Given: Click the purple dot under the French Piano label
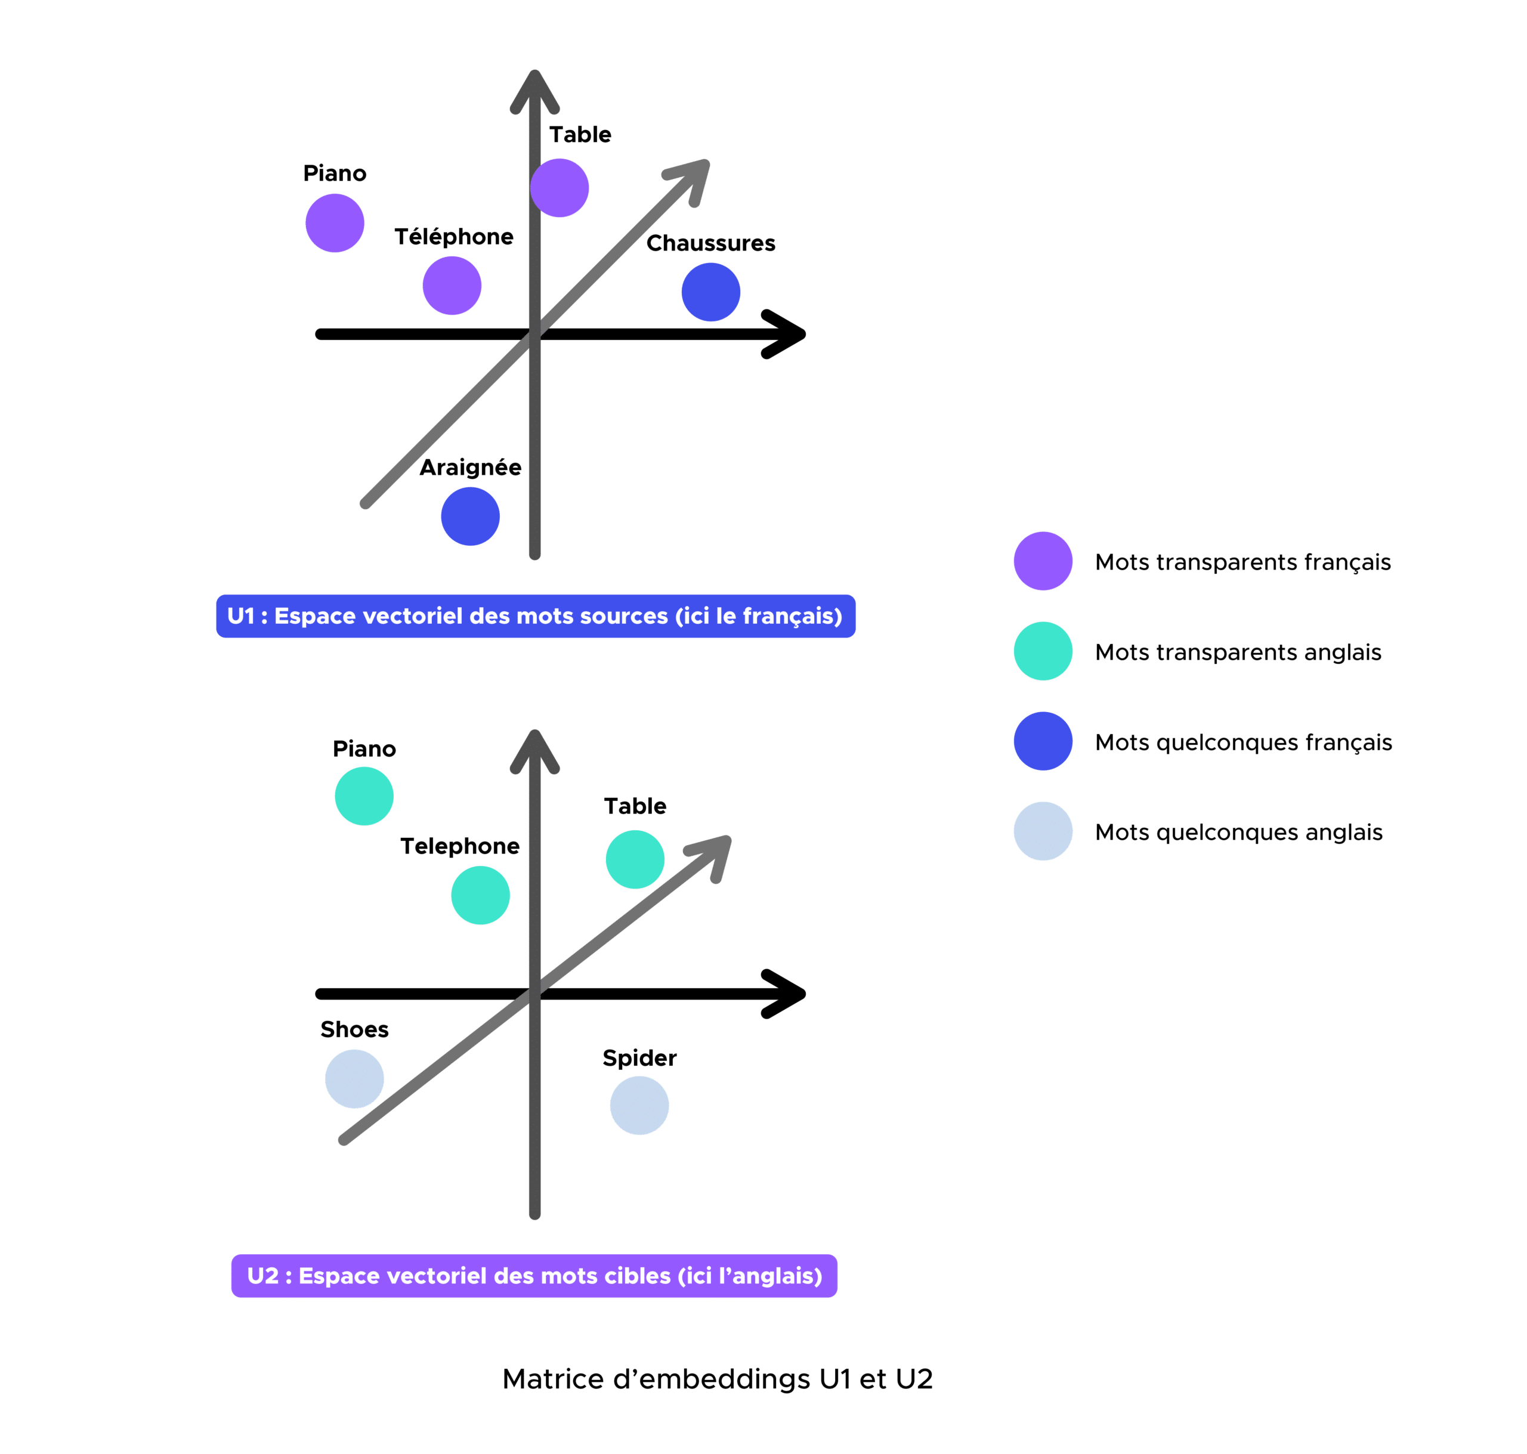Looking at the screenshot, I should tap(335, 223).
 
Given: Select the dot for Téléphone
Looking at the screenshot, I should tap(452, 285).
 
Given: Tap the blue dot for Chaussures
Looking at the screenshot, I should tap(711, 292).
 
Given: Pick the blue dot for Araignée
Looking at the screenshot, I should tap(471, 516).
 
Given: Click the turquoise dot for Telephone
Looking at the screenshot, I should tap(481, 895).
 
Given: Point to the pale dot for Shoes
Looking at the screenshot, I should tap(354, 1079).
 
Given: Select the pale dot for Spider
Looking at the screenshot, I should tap(639, 1105).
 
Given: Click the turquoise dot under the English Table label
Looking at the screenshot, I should tap(635, 859).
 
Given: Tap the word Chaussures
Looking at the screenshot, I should tap(711, 243).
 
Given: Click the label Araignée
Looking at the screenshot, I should tap(471, 468).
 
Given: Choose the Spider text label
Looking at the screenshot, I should tap(639, 1058).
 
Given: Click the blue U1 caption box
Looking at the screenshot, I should tap(535, 616).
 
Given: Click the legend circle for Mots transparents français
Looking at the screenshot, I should tap(1043, 561).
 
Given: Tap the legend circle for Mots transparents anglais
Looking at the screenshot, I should tap(1043, 651).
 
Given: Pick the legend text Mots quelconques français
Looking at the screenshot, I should tap(1243, 743).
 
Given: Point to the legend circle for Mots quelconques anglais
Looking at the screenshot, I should tap(1043, 831).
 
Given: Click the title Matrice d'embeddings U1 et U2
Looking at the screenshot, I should tap(717, 1379).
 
